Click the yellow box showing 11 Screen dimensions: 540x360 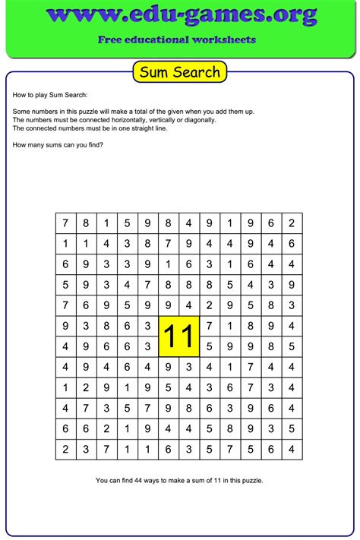(179, 336)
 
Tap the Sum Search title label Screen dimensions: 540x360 (179, 72)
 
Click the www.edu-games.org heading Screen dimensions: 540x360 (179, 15)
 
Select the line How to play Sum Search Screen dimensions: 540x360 (50, 96)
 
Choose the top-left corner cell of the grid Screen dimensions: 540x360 (65, 223)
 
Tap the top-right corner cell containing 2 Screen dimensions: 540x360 (292, 223)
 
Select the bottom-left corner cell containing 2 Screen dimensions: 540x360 (65, 450)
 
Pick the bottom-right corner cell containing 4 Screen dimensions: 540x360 (292, 450)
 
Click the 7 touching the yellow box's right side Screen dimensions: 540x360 (210, 327)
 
